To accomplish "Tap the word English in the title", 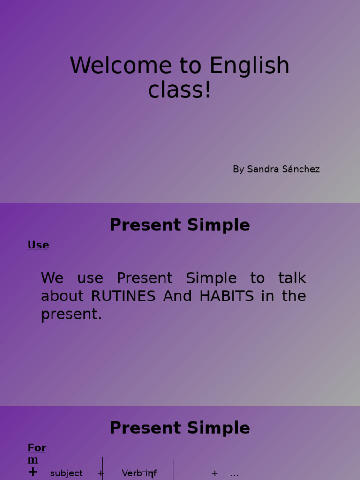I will click(249, 66).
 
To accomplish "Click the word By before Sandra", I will click(238, 169).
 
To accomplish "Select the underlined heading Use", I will click(38, 245).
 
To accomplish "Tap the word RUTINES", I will click(123, 296).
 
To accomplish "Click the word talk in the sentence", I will click(292, 278).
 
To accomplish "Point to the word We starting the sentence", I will click(52, 278).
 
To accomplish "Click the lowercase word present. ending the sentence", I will click(71, 315).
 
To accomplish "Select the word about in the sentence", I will click(64, 296).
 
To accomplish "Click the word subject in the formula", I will click(66, 473).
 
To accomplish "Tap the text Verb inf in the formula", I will click(139, 473).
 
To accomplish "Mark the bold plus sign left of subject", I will click(33, 472).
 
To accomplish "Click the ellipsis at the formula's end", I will click(234, 474).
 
